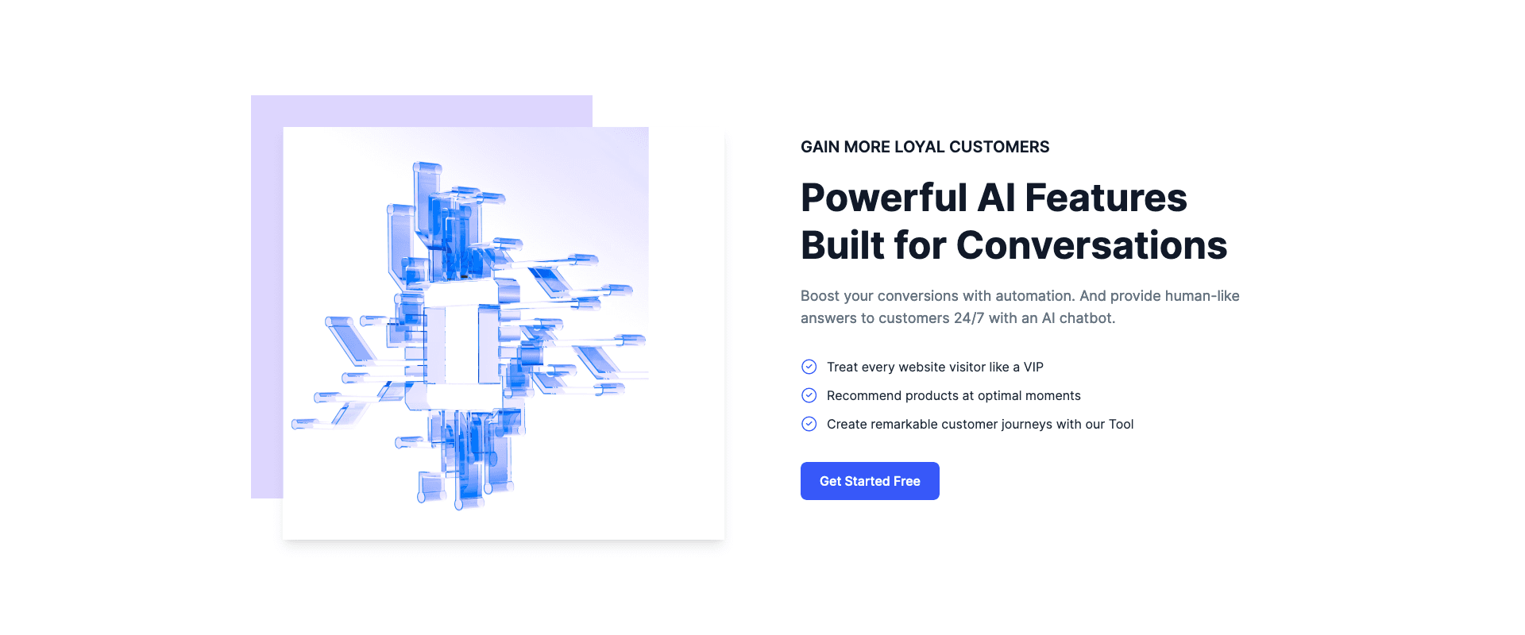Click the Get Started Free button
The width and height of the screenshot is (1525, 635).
870,481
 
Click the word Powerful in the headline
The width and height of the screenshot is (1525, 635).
884,198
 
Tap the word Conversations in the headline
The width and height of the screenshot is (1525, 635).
1092,245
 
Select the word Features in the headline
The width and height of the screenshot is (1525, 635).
1106,198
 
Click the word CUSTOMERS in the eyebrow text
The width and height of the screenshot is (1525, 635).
999,147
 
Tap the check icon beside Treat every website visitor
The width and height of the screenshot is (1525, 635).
809,367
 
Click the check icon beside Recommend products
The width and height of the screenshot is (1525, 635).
809,395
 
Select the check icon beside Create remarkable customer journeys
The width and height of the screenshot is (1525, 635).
809,424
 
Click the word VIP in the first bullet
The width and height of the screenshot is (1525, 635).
1033,367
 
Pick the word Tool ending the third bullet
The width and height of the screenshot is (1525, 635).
1121,424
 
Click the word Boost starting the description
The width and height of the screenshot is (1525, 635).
820,296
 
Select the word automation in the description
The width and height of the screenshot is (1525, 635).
1035,296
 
